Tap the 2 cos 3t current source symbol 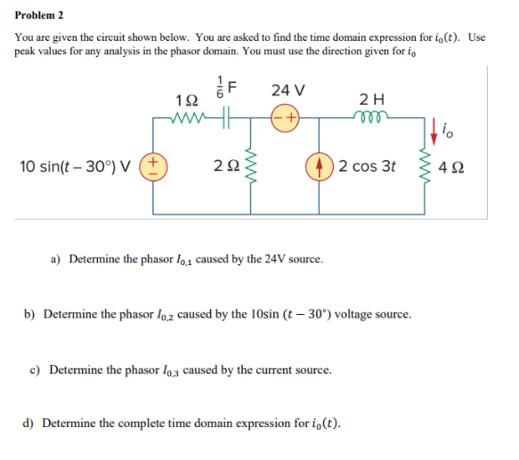[x=319, y=165]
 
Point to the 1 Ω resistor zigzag [x=189, y=115]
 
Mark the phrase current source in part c [x=291, y=368]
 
